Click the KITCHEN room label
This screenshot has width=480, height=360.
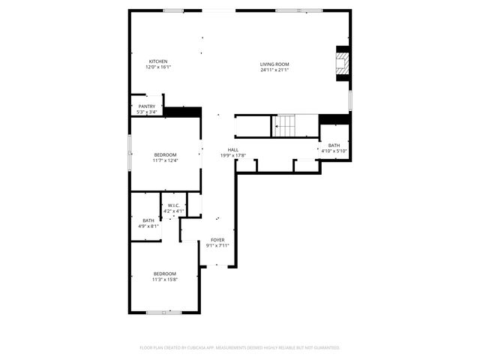(x=157, y=61)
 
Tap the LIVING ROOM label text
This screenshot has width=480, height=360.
(x=274, y=64)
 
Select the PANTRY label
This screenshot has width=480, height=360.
(x=147, y=106)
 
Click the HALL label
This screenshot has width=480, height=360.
(x=233, y=150)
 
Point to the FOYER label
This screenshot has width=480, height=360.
(x=217, y=240)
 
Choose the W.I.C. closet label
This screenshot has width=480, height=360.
(x=173, y=205)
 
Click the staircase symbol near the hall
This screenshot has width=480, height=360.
(x=286, y=126)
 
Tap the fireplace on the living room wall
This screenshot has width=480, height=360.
(x=342, y=63)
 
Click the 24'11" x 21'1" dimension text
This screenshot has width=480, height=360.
(x=274, y=70)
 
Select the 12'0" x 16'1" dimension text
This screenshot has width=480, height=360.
(x=157, y=67)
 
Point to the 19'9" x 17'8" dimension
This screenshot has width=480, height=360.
(x=233, y=156)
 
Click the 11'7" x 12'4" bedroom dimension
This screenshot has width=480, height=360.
(x=165, y=160)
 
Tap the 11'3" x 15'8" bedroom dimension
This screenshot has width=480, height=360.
(x=165, y=279)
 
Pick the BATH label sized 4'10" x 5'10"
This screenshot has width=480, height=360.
(x=334, y=145)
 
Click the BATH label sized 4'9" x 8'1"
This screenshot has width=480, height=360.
(x=148, y=220)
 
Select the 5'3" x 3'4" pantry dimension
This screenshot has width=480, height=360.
(x=147, y=112)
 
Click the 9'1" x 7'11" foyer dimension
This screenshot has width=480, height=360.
(x=217, y=246)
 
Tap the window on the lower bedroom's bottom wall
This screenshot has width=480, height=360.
(x=163, y=312)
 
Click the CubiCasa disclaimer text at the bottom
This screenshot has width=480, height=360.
(x=240, y=348)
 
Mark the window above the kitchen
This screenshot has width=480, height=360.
(x=173, y=10)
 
